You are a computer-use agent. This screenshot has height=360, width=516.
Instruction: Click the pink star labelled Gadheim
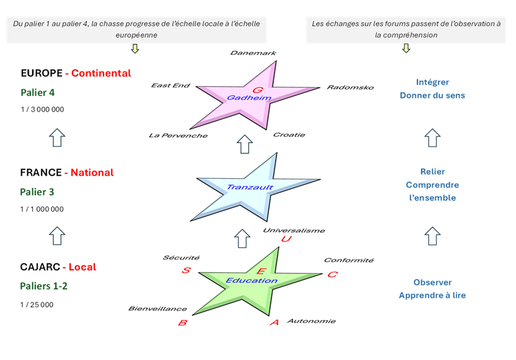coord(242,99)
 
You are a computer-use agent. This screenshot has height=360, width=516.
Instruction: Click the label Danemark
coord(253,53)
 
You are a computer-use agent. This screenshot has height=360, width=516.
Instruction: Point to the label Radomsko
coord(350,88)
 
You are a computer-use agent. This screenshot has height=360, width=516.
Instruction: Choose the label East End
coord(171,86)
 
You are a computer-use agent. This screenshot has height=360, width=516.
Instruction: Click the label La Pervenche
coord(178,135)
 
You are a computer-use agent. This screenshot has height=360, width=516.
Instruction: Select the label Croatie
coord(289,135)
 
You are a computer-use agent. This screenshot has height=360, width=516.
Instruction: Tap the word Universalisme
coord(293,230)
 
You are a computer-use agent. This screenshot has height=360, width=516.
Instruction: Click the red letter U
coord(286,240)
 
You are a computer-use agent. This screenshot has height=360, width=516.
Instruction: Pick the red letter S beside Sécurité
coord(185,270)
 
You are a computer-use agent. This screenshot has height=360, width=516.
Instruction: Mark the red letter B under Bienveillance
coord(182,323)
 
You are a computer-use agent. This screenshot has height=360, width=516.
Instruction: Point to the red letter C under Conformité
coord(332,274)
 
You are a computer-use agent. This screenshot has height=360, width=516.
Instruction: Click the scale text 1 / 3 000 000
coord(42,109)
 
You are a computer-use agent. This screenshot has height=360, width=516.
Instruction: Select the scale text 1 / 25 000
coord(37,305)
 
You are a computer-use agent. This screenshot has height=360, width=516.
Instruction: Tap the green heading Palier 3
coord(37,192)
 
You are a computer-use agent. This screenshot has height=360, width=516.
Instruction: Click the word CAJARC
coord(40,268)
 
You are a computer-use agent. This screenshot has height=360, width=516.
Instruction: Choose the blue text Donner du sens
coord(432,95)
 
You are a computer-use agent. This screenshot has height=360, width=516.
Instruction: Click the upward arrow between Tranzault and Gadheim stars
coord(245,144)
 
